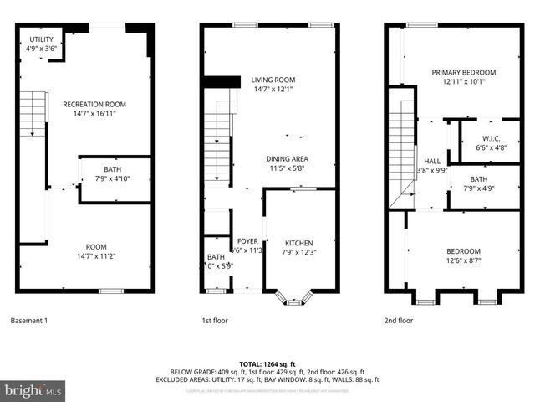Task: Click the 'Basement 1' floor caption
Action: tap(29, 321)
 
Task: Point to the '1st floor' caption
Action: tap(215, 321)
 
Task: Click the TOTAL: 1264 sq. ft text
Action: tap(267, 364)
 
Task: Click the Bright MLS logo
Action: tap(33, 390)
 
